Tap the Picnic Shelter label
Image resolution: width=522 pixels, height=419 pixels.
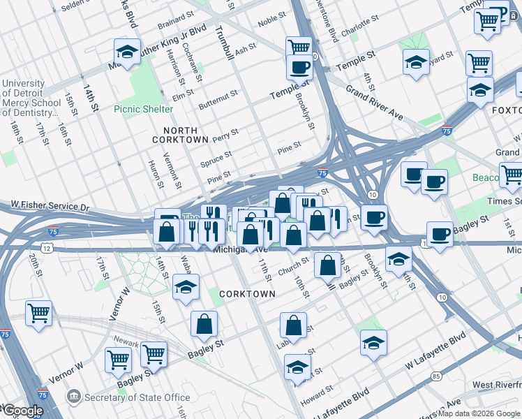(x=143, y=109)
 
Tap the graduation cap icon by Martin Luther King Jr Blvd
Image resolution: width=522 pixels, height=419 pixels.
(x=128, y=52)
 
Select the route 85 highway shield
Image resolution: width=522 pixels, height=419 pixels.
(x=436, y=376)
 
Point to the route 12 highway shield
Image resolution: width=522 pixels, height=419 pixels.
(x=46, y=248)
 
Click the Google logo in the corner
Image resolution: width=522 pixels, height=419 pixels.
(x=22, y=411)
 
